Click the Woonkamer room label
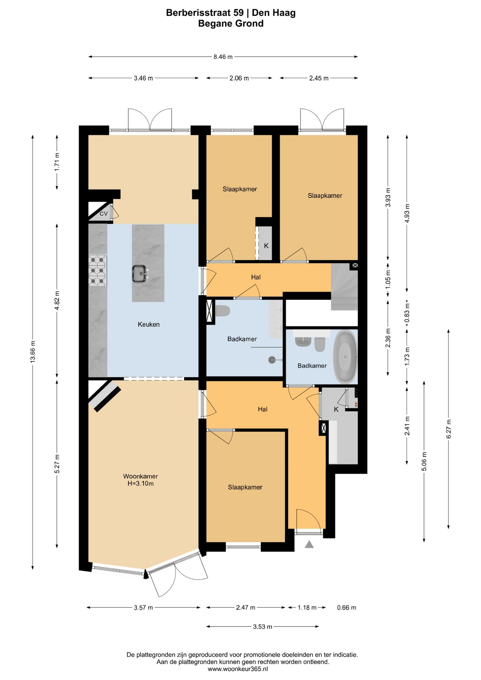click(141, 476)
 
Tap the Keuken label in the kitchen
click(149, 324)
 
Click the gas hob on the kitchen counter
click(97, 271)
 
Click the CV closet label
click(103, 214)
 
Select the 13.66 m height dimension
click(33, 352)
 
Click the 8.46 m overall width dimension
click(223, 57)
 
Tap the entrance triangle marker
click(309, 544)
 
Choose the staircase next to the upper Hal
click(344, 287)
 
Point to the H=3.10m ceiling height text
click(141, 483)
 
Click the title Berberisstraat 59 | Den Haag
click(231, 13)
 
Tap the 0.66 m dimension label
click(346, 608)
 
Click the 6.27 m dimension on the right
click(448, 429)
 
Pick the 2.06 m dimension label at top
click(239, 78)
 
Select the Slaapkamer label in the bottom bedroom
click(245, 487)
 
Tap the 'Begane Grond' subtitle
click(231, 24)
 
